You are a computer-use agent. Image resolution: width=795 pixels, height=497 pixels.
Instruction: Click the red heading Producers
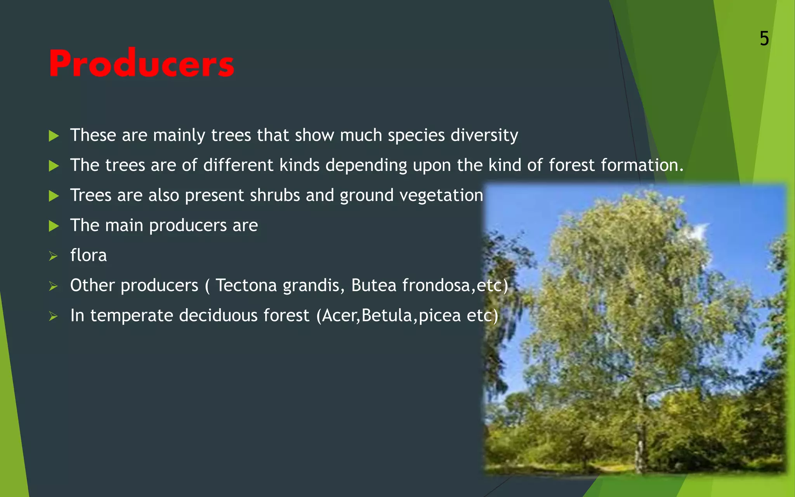pos(141,64)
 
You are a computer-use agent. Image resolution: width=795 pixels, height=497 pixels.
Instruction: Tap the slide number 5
pos(764,39)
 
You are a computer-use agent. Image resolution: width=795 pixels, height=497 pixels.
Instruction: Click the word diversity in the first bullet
pos(484,136)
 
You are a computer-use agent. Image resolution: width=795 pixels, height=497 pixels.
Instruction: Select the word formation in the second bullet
pos(641,165)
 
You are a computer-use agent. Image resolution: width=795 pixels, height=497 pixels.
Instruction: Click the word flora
pos(89,255)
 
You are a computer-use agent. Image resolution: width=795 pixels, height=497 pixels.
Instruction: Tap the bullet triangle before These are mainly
pos(54,136)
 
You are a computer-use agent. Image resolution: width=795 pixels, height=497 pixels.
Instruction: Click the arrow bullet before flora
pos(53,256)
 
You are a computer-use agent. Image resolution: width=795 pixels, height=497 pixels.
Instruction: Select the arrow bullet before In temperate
pos(53,316)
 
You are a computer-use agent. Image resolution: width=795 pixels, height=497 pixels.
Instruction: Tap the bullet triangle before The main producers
pos(54,226)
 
